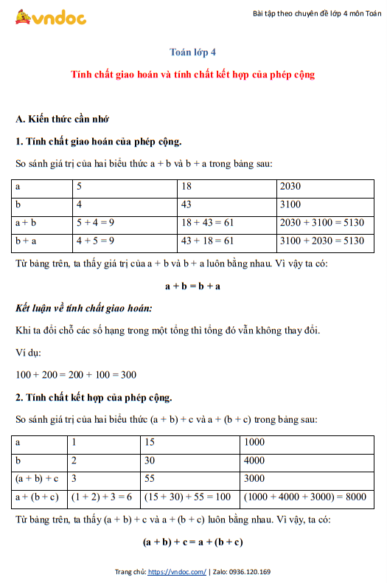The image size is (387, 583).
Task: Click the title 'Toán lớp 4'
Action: [193, 52]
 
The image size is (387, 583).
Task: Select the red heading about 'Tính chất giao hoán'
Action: [193, 75]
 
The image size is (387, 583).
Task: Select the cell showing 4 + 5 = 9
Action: [95, 241]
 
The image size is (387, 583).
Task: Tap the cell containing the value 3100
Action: [291, 204]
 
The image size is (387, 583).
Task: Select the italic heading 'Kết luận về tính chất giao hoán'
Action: [83, 308]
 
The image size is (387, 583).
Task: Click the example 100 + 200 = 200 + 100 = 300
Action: [75, 375]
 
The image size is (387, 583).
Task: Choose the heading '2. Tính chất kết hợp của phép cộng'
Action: [94, 398]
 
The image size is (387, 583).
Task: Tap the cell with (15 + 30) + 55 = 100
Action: [188, 497]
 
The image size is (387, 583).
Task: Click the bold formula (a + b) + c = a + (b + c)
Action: [193, 542]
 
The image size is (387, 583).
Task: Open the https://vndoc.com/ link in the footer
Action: [177, 572]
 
